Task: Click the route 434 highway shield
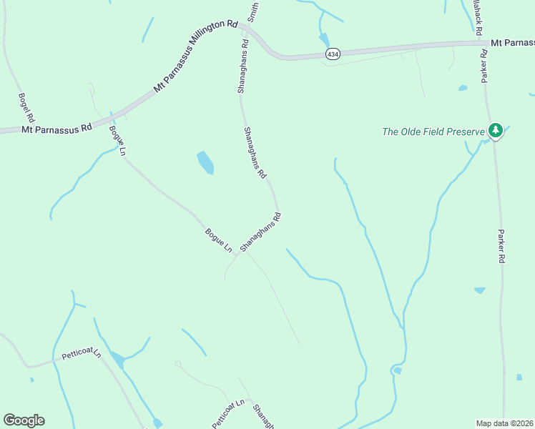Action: point(333,54)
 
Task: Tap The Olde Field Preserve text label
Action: point(433,132)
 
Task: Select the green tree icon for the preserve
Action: point(494,130)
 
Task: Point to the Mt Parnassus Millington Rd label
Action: point(195,56)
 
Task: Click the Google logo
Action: point(24,420)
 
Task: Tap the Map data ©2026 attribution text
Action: point(504,423)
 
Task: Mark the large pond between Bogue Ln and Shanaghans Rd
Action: point(205,162)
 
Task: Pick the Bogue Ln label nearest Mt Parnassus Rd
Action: point(117,141)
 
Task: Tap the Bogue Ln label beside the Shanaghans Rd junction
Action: point(219,240)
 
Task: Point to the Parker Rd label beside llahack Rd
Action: point(484,68)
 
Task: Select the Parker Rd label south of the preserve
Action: point(501,247)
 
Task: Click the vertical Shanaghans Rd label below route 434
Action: point(243,66)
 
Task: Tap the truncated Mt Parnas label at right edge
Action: point(512,43)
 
